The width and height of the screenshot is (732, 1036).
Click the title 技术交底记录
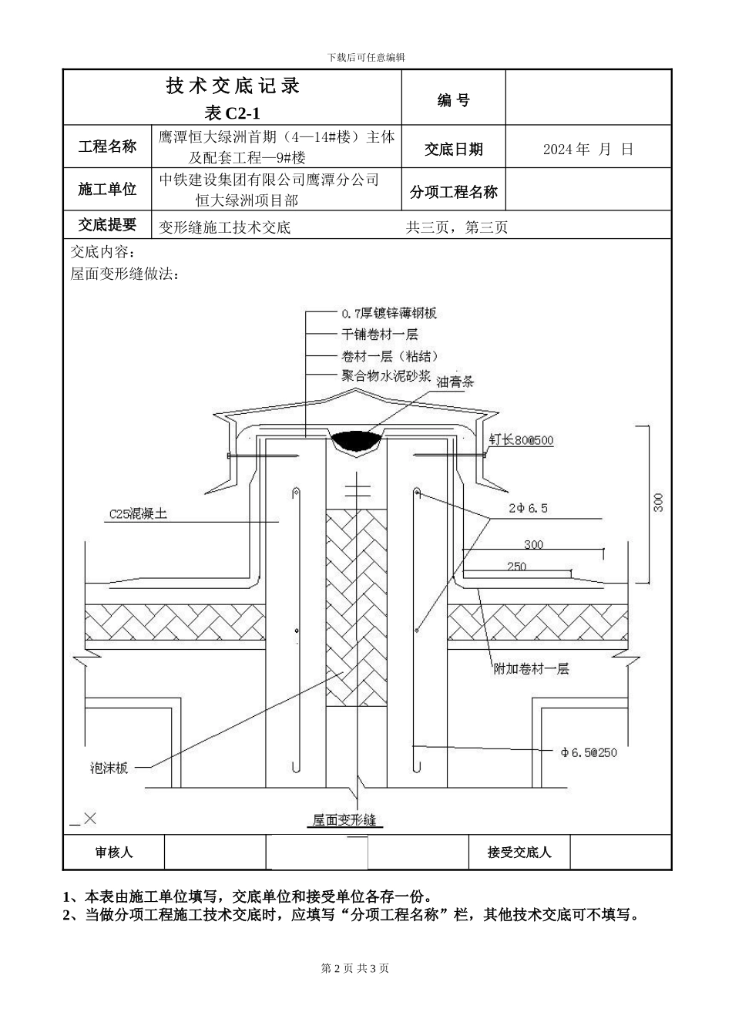tap(233, 86)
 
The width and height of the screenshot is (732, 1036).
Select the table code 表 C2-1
tap(233, 113)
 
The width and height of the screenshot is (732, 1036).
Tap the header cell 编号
tap(454, 100)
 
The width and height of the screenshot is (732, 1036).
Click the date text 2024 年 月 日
tap(588, 150)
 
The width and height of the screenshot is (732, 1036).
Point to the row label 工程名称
tap(107, 146)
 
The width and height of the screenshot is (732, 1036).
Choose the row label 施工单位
tap(107, 190)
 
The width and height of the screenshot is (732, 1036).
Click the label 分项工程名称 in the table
tap(454, 193)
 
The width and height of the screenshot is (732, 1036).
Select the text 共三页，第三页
tap(457, 228)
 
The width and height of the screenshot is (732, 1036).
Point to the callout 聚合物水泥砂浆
tap(380, 376)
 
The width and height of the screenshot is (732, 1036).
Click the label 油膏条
tap(455, 382)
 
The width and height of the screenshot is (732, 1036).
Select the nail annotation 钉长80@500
tap(521, 440)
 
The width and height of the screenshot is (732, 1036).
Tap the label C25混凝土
tap(138, 513)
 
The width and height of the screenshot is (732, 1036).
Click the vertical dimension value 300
tap(657, 503)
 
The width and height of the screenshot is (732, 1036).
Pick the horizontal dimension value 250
tap(517, 567)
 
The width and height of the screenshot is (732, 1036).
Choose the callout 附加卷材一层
tap(531, 669)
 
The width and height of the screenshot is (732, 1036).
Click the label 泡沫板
tap(109, 769)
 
